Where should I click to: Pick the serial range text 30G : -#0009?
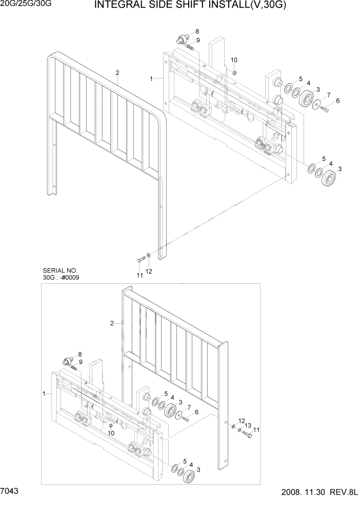[x=62, y=278]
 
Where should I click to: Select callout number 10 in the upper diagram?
[x=234, y=60]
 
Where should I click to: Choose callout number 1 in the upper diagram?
[x=152, y=79]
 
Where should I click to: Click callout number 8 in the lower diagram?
[x=79, y=355]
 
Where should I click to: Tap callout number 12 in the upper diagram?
[x=150, y=271]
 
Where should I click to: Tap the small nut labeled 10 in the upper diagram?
[x=234, y=72]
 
